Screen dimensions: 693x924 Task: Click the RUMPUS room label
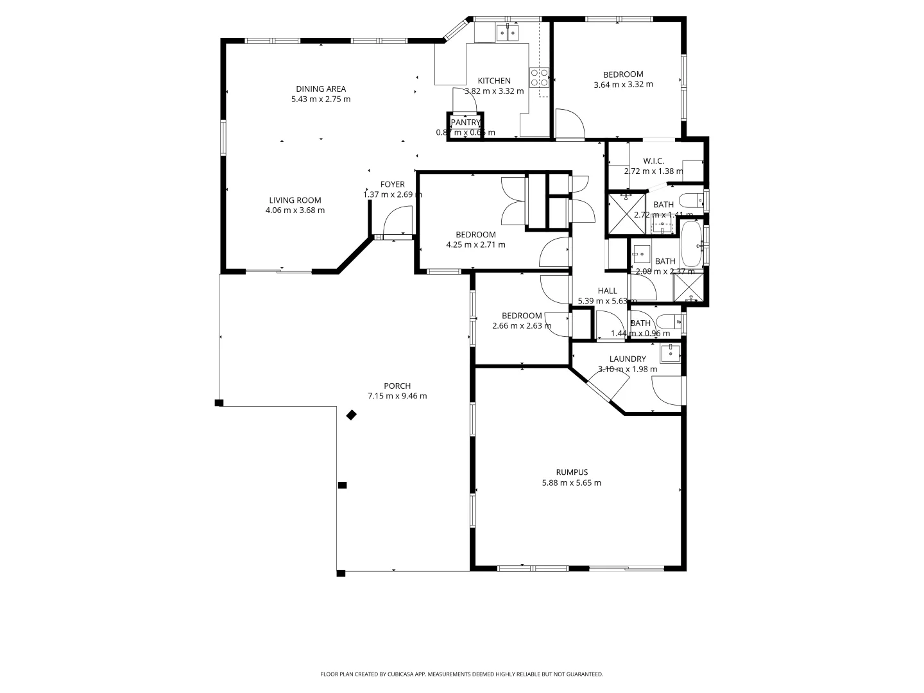click(x=572, y=472)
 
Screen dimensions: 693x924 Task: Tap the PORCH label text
click(x=397, y=386)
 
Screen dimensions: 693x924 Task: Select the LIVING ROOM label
click(x=295, y=200)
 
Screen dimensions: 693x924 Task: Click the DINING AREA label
click(x=321, y=89)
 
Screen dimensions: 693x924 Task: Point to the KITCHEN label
click(x=494, y=81)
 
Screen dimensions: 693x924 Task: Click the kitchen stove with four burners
click(x=539, y=78)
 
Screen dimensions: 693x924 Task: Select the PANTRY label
click(x=465, y=123)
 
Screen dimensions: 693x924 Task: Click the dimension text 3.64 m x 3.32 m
click(x=623, y=84)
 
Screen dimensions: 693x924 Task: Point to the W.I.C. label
click(x=653, y=161)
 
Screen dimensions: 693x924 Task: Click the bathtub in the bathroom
click(x=691, y=244)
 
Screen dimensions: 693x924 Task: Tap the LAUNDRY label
click(x=628, y=359)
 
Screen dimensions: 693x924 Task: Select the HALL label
click(x=607, y=291)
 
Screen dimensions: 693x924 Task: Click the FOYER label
click(x=392, y=185)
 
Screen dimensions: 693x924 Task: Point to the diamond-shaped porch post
click(x=351, y=415)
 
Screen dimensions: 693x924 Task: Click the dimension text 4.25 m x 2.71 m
click(x=475, y=244)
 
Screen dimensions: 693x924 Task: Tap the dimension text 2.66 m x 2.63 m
click(x=522, y=325)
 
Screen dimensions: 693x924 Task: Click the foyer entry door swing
click(x=394, y=225)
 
